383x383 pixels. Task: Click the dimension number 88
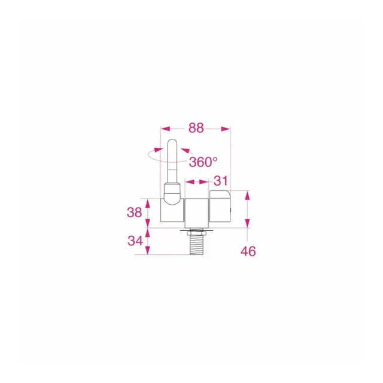[196, 128]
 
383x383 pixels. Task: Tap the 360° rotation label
[203, 162]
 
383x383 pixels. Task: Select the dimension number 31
[221, 181]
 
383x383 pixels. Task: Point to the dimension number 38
[134, 212]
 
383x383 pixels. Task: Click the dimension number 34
[135, 241]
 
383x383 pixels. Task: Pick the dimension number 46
[248, 251]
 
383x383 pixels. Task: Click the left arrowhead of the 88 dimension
[165, 129]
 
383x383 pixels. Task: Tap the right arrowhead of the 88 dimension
[226, 129]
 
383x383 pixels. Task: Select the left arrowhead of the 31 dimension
[190, 182]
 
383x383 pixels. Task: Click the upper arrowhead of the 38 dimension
[148, 203]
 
